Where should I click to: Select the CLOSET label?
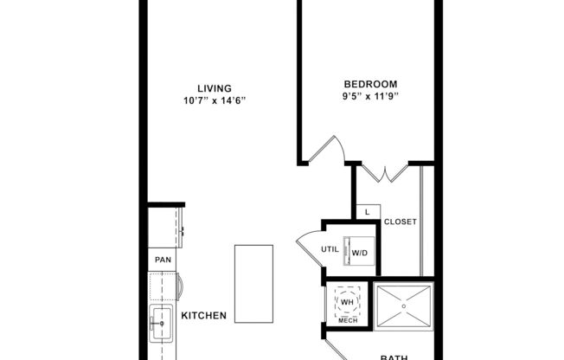click(x=401, y=222)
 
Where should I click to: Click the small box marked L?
click(x=368, y=211)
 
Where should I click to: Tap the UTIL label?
click(x=330, y=250)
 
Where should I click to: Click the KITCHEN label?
click(x=204, y=316)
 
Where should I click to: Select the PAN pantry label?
click(x=162, y=260)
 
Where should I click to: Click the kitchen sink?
click(x=162, y=325)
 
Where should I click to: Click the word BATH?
click(x=394, y=356)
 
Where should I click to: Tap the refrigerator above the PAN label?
click(x=164, y=228)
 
